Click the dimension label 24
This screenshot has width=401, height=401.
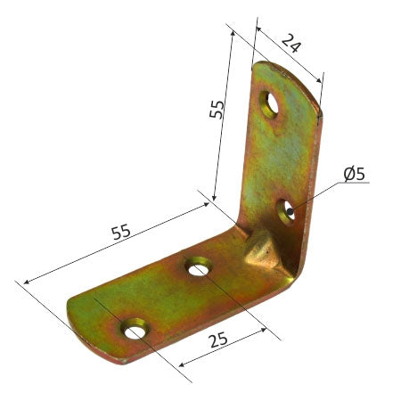290,42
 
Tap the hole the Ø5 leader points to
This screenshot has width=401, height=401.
286,211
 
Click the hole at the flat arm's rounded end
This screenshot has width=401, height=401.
135,331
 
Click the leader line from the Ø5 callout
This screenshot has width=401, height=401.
316,192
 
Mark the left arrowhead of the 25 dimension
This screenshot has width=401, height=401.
181,364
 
